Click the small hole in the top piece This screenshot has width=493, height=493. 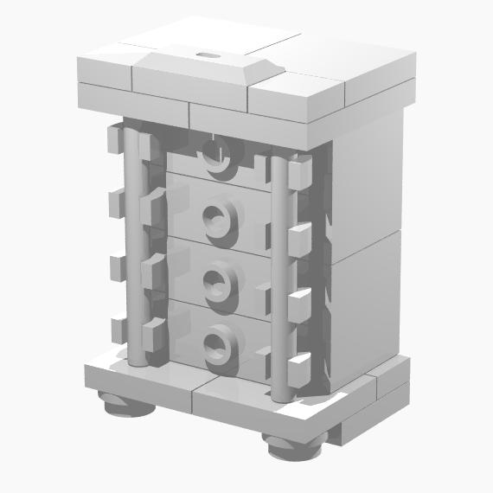(207, 54)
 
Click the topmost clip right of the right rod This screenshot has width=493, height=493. (299, 173)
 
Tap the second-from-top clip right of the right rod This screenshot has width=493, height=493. (299, 238)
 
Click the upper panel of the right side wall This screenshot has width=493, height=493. (368, 182)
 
